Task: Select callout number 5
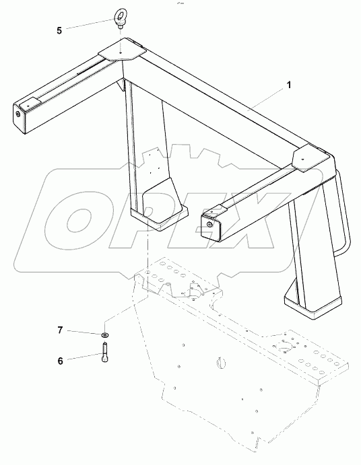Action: coord(59,30)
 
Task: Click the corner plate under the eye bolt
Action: coord(121,51)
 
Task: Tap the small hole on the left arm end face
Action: coord(17,114)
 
